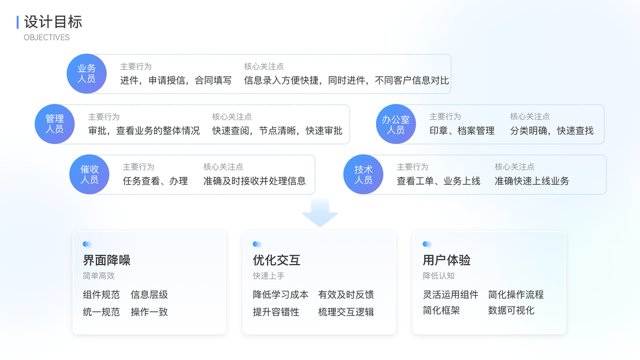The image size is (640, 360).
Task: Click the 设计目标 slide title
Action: tap(53, 22)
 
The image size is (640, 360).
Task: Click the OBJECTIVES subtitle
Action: tap(47, 37)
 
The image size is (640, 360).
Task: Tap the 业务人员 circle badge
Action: tap(86, 74)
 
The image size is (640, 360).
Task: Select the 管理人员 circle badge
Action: tap(55, 124)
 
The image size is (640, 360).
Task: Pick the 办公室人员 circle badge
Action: tap(396, 124)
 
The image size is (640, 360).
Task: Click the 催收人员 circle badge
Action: tap(89, 175)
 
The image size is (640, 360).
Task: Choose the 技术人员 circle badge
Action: tap(363, 175)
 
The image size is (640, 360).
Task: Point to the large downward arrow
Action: tap(320, 212)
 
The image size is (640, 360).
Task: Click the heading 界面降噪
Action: tap(107, 260)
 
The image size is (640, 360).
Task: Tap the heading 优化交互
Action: tap(277, 260)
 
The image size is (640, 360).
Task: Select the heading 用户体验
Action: tap(447, 260)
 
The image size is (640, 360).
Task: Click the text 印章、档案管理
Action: tap(462, 131)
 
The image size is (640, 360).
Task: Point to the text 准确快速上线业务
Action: tap(532, 181)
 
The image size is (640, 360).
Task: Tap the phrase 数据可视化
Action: tap(511, 311)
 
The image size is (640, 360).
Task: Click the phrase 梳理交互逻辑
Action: tap(346, 312)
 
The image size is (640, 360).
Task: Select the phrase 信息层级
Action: tap(149, 295)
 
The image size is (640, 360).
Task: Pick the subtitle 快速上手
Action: tap(269, 276)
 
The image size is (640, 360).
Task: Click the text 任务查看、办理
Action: tap(155, 181)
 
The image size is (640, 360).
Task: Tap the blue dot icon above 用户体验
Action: tap(426, 244)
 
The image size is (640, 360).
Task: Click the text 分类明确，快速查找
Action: tap(552, 131)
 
